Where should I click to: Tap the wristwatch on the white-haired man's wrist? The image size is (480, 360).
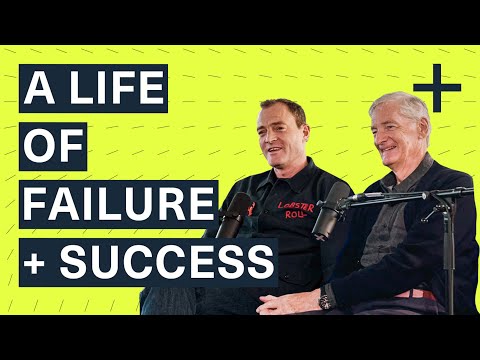click(327, 299)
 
